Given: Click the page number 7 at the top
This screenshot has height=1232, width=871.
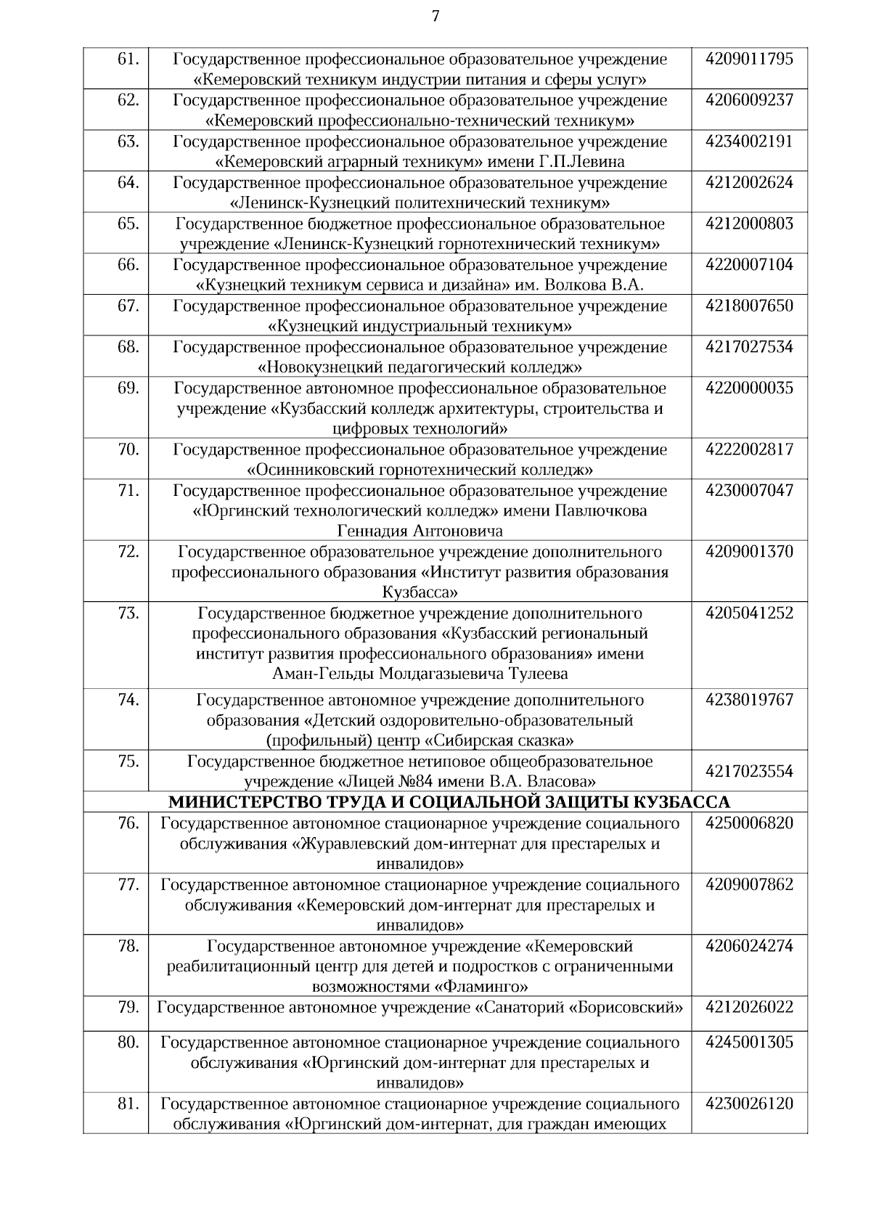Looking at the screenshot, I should coord(435,16).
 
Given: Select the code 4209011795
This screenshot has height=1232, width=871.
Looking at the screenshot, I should coord(749,59).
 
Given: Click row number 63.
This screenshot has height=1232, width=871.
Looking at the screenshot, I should coord(128,142).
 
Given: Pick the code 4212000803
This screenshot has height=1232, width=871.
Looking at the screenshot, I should coord(749,224).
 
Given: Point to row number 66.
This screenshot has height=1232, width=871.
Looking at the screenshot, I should coord(128,265).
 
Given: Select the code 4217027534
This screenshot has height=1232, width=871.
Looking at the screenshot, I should coord(749,347).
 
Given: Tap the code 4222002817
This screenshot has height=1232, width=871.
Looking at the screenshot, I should coord(749,449).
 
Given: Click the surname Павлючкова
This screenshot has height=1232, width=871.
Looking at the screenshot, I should coord(600,510).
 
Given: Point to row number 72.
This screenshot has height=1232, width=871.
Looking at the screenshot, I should coord(128,552).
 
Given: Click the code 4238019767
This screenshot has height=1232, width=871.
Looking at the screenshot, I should coord(749,701).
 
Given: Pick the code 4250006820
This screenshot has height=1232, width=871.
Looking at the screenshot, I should coord(749,823).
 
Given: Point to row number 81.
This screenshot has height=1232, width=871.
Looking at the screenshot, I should coord(128,1104).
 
